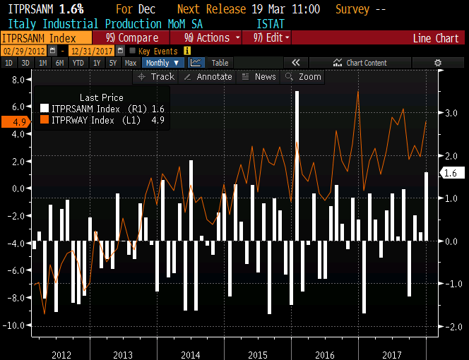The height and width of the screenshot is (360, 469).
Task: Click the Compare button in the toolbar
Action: tap(132, 37)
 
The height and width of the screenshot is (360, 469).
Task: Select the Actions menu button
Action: tap(210, 37)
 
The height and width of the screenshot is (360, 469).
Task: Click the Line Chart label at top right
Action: tap(436, 38)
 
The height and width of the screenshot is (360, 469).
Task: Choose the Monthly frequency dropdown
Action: tap(162, 63)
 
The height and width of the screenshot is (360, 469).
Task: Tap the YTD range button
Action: tap(78, 63)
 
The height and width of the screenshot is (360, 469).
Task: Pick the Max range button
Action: tap(131, 63)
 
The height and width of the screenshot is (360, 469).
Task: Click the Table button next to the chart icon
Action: tap(220, 63)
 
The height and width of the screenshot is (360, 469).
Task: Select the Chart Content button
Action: tap(366, 63)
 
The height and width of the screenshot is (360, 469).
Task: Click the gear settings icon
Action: tap(438, 63)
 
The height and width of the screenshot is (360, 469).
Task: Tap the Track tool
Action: tap(157, 76)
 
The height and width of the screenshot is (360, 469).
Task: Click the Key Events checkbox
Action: tap(132, 51)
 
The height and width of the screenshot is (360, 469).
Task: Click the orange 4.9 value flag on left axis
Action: tap(14, 122)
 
